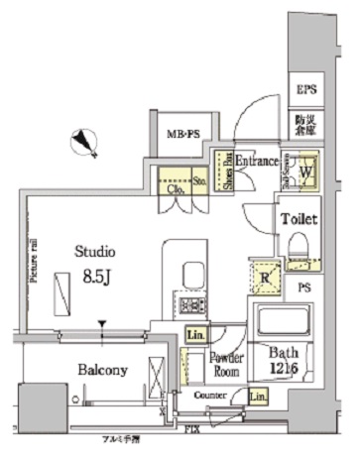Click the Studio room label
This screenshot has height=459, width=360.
(x=96, y=252)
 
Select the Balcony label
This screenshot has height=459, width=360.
(x=100, y=370)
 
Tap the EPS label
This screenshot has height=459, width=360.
(x=306, y=90)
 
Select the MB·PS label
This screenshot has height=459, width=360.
(x=180, y=133)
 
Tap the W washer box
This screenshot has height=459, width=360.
(x=305, y=170)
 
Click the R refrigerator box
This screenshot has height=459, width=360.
(x=264, y=277)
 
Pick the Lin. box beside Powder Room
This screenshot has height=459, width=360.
(x=194, y=336)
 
